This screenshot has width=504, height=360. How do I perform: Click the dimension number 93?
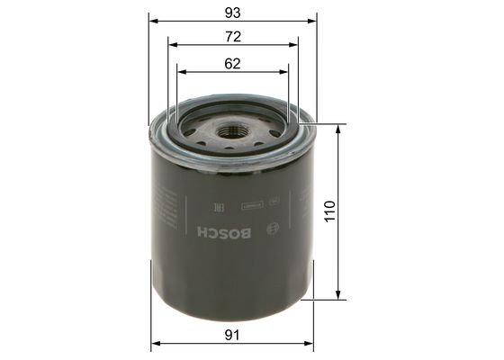pos(234,11)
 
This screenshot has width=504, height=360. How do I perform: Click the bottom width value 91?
pos(233,336)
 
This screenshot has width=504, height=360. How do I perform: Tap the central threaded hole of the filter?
pos(233,131)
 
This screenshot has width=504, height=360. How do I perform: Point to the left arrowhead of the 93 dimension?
pos(154,20)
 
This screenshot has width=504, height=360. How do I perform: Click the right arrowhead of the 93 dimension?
pos(314,20)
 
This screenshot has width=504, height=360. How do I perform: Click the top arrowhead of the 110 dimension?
pos(339,129)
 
